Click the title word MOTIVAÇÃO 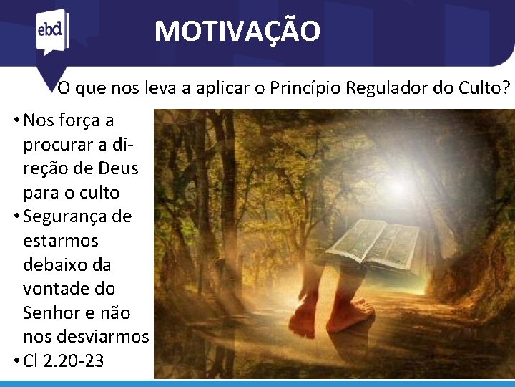click(x=237, y=31)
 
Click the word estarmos click(x=61, y=241)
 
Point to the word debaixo click(x=57, y=264)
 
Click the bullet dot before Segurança click(x=16, y=216)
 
